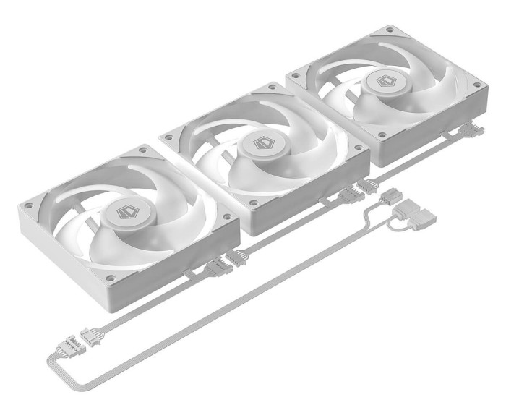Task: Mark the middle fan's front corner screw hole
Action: pyautogui.click(x=252, y=202)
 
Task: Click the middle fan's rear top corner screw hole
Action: pyautogui.click(x=272, y=87)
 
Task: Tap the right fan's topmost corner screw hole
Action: pyautogui.click(x=390, y=30)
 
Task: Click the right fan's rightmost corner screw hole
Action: pyautogui.click(x=476, y=85)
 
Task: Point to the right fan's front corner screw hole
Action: pyautogui.click(x=379, y=137)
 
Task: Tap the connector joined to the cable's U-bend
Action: pyautogui.click(x=74, y=347)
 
